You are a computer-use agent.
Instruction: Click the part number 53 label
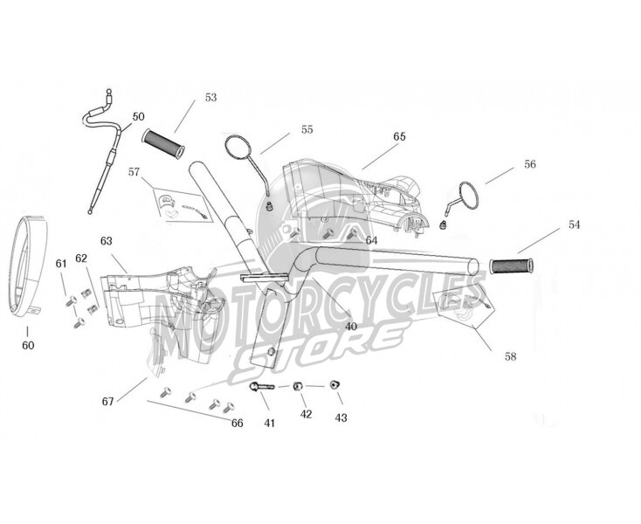click(x=211, y=97)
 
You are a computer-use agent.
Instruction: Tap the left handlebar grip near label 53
click(x=163, y=144)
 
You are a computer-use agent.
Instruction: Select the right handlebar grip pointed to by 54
click(x=511, y=265)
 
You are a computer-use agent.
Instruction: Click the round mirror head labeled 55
click(x=238, y=148)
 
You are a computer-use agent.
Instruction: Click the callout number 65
click(x=399, y=136)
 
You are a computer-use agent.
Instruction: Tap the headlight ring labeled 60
click(x=12, y=265)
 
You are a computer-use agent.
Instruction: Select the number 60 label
click(x=28, y=345)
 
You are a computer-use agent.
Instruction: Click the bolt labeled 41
click(x=261, y=386)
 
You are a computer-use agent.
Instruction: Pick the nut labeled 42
click(x=298, y=386)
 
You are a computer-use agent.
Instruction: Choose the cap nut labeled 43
click(x=334, y=384)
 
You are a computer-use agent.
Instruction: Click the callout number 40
click(x=351, y=327)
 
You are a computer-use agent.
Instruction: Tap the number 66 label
click(x=238, y=423)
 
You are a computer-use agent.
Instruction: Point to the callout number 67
click(x=108, y=402)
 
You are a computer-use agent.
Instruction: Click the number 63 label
click(x=106, y=241)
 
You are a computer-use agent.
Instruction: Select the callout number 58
click(x=511, y=356)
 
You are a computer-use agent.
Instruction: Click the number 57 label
click(x=134, y=172)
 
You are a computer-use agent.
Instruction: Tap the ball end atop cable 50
click(x=109, y=91)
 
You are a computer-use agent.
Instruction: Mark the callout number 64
click(x=371, y=241)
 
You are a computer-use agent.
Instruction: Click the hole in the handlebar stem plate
click(x=271, y=352)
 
